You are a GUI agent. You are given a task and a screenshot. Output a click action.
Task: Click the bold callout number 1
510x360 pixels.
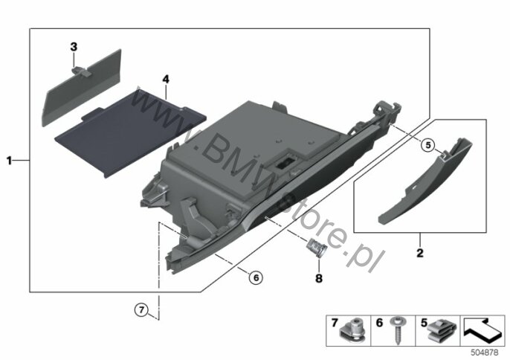[x=10, y=160]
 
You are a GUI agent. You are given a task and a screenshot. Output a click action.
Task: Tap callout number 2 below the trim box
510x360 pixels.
[x=420, y=253]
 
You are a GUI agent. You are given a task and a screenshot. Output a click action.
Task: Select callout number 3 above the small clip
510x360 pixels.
[x=74, y=47]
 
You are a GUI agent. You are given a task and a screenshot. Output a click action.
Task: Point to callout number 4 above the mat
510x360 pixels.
[x=166, y=79]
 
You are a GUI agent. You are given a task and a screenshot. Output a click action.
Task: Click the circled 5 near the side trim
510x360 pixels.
[x=428, y=145]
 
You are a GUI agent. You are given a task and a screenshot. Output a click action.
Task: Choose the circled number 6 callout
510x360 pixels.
[x=256, y=277]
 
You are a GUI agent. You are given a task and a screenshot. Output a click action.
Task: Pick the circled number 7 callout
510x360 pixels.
[x=141, y=309]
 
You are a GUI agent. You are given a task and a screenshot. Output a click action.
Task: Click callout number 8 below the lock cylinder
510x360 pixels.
[x=319, y=278]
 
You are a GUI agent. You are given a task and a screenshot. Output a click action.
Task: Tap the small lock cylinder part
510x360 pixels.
[x=315, y=247]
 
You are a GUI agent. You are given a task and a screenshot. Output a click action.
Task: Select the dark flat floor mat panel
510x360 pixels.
[x=130, y=133]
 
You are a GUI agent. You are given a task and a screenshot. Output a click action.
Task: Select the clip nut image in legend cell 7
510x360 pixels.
[x=353, y=331]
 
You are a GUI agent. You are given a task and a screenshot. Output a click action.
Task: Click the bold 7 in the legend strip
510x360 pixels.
[x=335, y=323]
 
